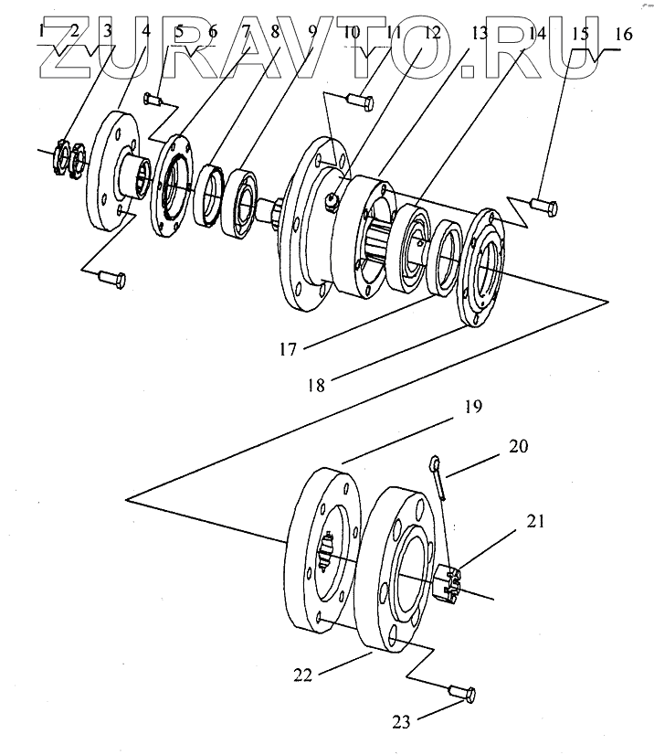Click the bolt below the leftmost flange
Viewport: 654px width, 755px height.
point(111,275)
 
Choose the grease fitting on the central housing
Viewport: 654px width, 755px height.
point(333,202)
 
